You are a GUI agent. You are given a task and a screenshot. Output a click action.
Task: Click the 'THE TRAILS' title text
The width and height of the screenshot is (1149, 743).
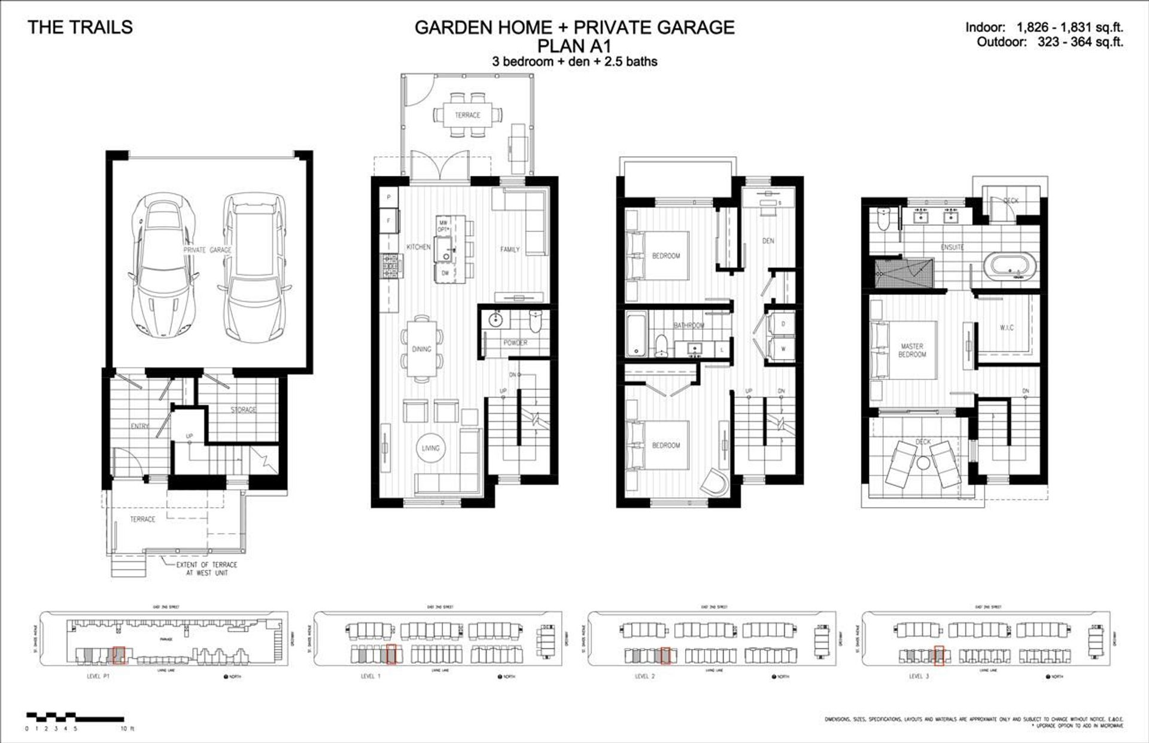click(80, 28)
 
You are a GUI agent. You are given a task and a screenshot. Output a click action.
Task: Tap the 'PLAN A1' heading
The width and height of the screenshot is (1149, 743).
click(574, 45)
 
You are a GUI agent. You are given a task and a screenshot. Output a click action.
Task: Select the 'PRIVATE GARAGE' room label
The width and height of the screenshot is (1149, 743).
click(207, 250)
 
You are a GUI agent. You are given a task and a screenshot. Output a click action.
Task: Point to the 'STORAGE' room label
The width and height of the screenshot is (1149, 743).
click(244, 410)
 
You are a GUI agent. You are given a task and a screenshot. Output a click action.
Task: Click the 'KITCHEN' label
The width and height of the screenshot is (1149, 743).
click(418, 247)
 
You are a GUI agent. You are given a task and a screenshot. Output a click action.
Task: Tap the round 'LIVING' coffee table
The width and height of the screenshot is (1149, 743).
click(430, 448)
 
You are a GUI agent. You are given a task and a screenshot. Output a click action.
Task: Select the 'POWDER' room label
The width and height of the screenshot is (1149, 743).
click(515, 343)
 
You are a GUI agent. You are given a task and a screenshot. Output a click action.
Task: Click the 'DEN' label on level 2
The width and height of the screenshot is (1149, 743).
click(768, 241)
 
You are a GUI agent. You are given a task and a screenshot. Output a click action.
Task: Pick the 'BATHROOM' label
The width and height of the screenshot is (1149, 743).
click(689, 325)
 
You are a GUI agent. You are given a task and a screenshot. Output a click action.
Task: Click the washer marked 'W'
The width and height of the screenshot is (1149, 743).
click(783, 349)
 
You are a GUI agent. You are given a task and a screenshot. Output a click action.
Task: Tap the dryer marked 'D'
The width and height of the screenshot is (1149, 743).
click(783, 324)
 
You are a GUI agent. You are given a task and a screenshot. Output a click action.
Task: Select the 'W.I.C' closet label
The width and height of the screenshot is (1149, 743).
click(1007, 328)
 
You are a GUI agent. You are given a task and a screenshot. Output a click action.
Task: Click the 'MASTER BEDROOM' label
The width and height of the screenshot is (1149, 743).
click(912, 351)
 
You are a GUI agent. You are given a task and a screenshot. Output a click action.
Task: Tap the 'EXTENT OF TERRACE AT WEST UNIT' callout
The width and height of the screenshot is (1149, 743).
click(206, 569)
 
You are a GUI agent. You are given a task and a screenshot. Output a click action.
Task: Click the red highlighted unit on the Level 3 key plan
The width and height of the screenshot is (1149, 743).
click(938, 656)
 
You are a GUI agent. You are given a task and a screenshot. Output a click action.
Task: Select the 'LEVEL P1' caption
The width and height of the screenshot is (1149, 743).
click(98, 676)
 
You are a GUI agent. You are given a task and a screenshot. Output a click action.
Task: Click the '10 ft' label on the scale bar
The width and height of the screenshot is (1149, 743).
click(127, 729)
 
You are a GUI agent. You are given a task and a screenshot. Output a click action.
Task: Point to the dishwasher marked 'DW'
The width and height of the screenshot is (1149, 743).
click(445, 273)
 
